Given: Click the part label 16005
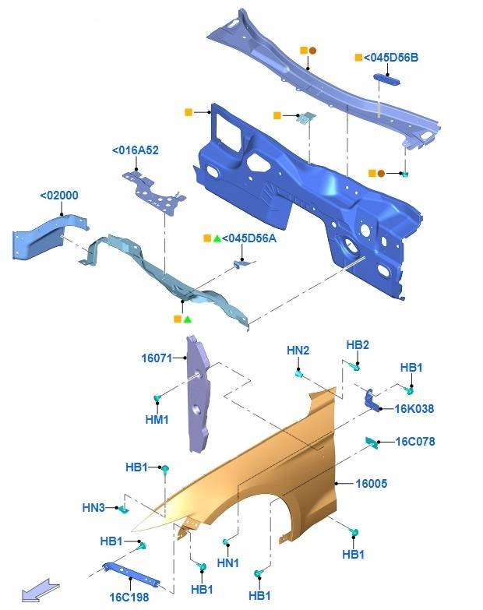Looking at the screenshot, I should tap(372, 484).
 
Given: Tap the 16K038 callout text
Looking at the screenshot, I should tap(414, 408).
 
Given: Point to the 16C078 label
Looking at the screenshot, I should tap(415, 442).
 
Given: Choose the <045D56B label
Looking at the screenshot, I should tap(393, 57).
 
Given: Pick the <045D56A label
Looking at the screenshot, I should tap(250, 238).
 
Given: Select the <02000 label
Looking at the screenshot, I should tap(59, 196).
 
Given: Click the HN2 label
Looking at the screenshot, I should tap(298, 351).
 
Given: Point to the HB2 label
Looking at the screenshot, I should tap(358, 345).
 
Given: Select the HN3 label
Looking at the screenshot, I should tap(93, 507).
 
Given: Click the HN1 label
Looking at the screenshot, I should tap(228, 562).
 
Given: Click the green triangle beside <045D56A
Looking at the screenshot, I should tap(217, 238).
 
